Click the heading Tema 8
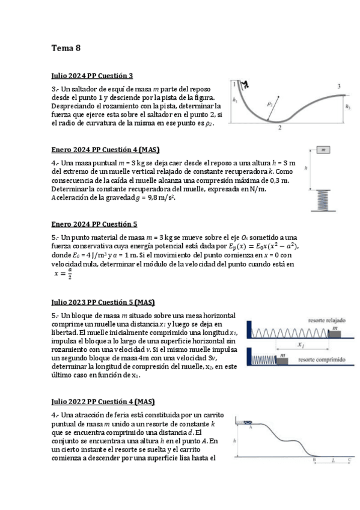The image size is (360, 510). [x=66, y=48]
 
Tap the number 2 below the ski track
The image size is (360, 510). [x=280, y=127]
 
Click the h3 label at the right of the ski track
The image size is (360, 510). [x=348, y=106]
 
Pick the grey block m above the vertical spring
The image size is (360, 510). [x=323, y=149]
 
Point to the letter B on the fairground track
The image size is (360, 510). [x=314, y=460]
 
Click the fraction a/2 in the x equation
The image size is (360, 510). [x=70, y=275]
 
